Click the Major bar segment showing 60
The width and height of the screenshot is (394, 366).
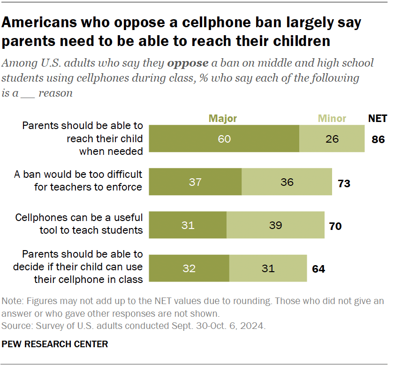[x=224, y=139]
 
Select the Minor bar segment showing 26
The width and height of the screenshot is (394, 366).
[x=332, y=139]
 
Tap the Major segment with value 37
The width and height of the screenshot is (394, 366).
[x=195, y=182]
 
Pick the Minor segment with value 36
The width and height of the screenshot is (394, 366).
[x=287, y=182]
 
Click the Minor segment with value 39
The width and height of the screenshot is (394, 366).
[x=275, y=225]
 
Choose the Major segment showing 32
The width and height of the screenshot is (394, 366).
[x=189, y=268]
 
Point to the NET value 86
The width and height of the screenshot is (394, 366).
[x=378, y=139]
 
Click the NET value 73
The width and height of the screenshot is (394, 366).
[x=344, y=183]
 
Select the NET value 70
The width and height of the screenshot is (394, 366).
[x=335, y=226]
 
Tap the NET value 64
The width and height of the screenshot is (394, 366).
[x=318, y=269]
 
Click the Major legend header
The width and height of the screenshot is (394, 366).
[x=223, y=118]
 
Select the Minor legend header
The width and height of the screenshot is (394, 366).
[x=332, y=118]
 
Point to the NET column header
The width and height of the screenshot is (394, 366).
[x=378, y=118]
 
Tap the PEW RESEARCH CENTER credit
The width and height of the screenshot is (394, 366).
[x=55, y=344]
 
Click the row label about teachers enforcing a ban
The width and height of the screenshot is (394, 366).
[x=78, y=181]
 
